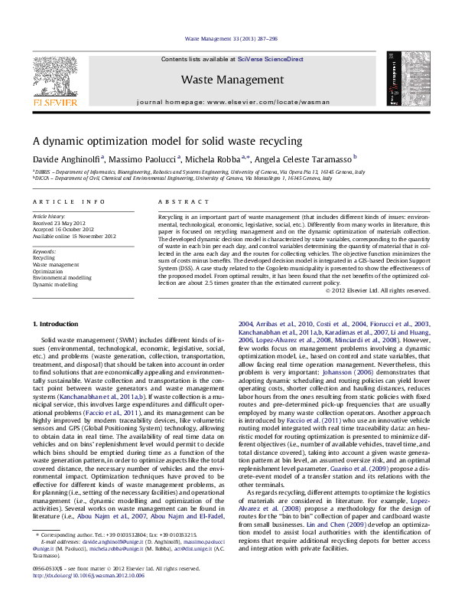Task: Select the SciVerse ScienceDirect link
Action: (270, 59)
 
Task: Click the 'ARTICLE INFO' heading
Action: (69, 201)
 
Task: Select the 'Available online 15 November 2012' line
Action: (74, 236)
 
